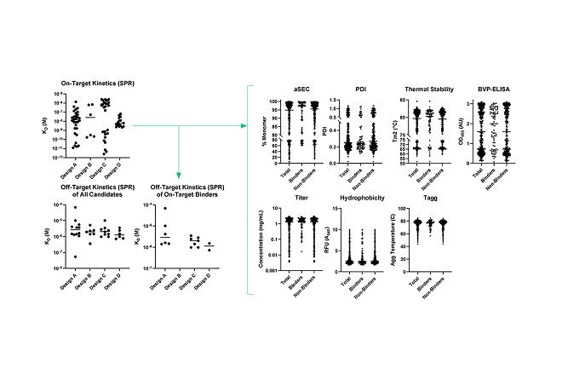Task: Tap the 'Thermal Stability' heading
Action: (x=430, y=89)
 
